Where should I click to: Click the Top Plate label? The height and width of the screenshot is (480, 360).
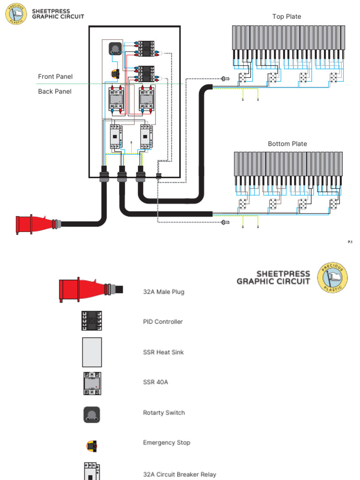pyautogui.click(x=286, y=17)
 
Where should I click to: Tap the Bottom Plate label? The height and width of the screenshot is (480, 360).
pyautogui.click(x=287, y=144)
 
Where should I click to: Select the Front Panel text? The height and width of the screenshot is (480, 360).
pyautogui.click(x=55, y=76)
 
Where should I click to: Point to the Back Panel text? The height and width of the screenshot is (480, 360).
pyautogui.click(x=55, y=91)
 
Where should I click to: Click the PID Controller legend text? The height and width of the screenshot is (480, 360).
pyautogui.click(x=163, y=322)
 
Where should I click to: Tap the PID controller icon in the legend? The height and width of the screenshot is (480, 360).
pyautogui.click(x=92, y=321)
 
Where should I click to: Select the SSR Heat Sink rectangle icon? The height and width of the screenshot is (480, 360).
pyautogui.click(x=92, y=352)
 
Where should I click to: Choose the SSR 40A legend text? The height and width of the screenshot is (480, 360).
pyautogui.click(x=155, y=382)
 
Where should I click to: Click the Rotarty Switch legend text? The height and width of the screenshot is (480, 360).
pyautogui.click(x=164, y=412)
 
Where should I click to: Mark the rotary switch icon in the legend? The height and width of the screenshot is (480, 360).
pyautogui.click(x=92, y=414)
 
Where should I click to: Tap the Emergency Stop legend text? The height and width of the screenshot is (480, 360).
pyautogui.click(x=166, y=442)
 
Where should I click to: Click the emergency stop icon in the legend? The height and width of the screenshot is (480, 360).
pyautogui.click(x=92, y=445)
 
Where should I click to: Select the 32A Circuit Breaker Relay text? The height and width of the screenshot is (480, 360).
pyautogui.click(x=180, y=474)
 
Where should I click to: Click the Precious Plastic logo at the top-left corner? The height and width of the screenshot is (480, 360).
pyautogui.click(x=16, y=14)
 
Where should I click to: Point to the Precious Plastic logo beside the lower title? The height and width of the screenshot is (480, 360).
pyautogui.click(x=333, y=278)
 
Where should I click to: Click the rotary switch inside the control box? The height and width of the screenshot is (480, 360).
pyautogui.click(x=115, y=49)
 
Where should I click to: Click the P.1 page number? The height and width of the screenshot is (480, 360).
pyautogui.click(x=350, y=242)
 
